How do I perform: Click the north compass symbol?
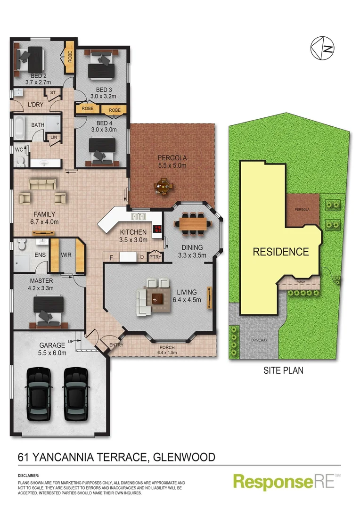(x=323, y=48)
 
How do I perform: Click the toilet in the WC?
(x=20, y=161)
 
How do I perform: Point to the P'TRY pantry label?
(x=155, y=257)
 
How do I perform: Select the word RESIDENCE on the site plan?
(x=281, y=252)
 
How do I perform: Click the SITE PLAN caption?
(x=283, y=371)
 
